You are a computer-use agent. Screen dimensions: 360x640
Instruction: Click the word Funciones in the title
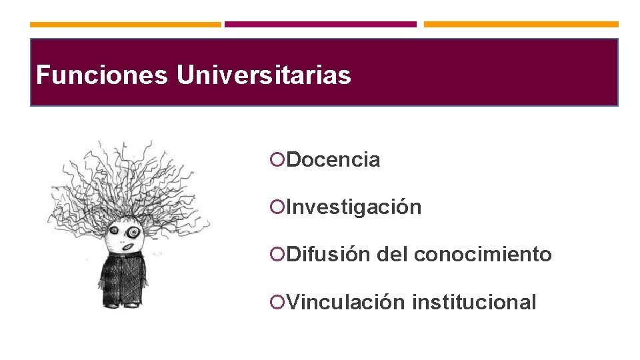point(101,75)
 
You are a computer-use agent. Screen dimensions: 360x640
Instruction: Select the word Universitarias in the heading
point(263,75)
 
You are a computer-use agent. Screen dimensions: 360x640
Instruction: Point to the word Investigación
point(354,207)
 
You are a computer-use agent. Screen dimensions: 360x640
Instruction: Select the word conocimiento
point(483,255)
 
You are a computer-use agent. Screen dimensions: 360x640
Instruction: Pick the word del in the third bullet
point(392,255)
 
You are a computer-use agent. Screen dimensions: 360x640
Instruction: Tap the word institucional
point(473,303)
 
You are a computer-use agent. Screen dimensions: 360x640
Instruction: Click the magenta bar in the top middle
point(320,25)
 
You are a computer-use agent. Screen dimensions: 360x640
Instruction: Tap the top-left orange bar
point(125,25)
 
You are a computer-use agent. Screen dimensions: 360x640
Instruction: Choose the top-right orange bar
point(521,25)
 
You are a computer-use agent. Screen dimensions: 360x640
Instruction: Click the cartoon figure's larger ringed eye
point(134,232)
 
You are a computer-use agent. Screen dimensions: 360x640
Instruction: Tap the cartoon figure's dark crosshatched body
point(123,279)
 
